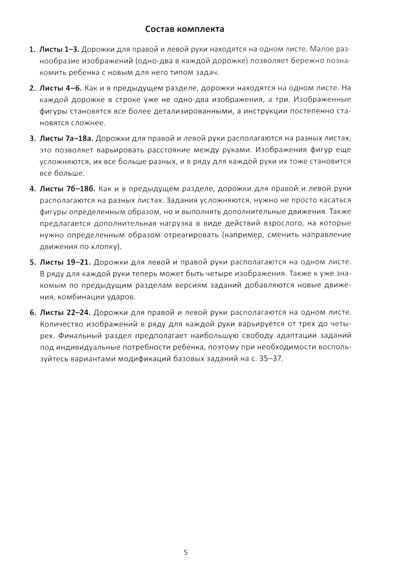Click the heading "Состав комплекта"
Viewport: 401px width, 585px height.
[x=184, y=29]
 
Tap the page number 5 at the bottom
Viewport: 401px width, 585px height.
[x=186, y=552]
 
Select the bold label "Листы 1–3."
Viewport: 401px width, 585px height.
[x=59, y=49]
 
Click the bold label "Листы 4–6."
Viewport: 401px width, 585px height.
[x=61, y=88]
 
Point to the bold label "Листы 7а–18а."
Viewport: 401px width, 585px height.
[x=66, y=138]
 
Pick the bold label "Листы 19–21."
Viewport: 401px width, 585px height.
[x=65, y=262]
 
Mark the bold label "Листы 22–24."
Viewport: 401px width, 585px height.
[x=65, y=312]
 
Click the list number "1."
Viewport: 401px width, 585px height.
[x=32, y=49]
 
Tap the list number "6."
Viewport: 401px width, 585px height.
[x=32, y=312]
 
